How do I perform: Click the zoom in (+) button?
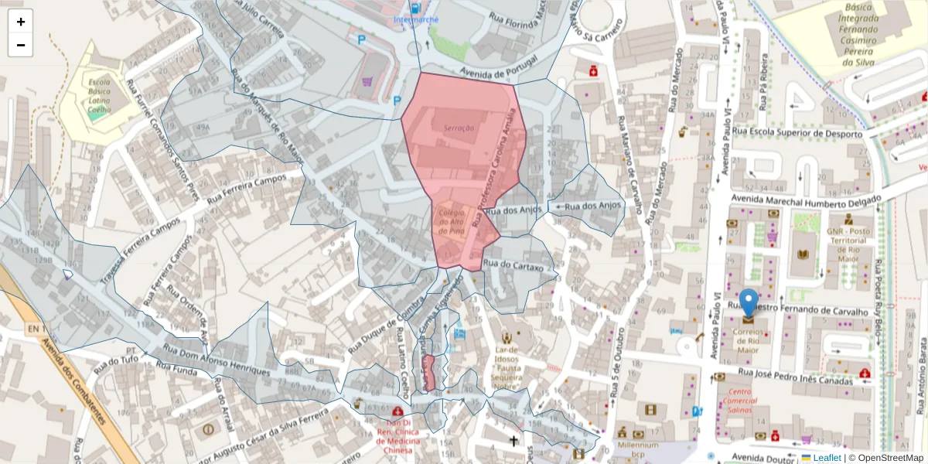point(21,22)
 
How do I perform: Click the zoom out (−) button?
point(21,45)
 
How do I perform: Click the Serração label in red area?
point(459,128)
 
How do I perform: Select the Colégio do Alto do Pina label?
point(451,221)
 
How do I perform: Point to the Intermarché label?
point(416,19)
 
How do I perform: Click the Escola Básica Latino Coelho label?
point(100,97)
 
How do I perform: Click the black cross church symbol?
point(513,442)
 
